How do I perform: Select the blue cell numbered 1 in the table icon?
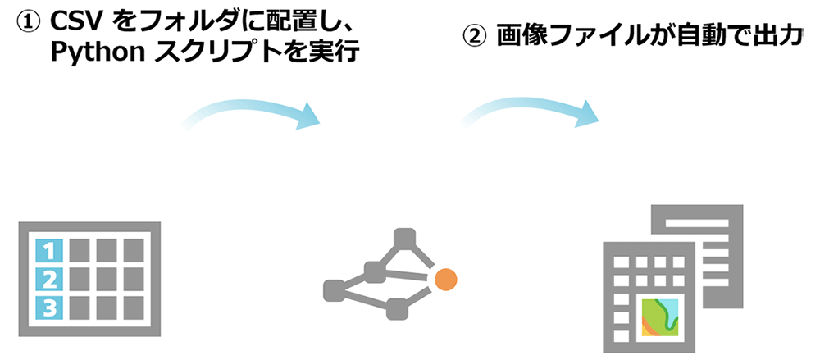[x=48, y=249]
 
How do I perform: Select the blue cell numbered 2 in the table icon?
[x=48, y=279]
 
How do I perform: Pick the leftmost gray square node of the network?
[x=334, y=289]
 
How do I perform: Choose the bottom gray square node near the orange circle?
[x=398, y=309]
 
